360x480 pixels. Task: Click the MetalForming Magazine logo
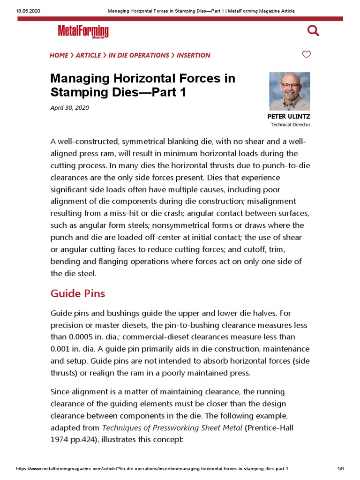83,31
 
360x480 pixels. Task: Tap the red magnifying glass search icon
313,31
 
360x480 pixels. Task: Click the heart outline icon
306,55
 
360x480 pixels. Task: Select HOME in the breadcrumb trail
59,55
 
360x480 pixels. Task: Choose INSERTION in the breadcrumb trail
194,55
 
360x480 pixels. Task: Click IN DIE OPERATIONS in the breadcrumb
139,55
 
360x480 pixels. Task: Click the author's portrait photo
289,91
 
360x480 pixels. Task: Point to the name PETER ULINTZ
289,116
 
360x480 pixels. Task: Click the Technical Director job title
290,125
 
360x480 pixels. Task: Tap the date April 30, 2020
69,108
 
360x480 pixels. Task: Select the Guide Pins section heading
78,293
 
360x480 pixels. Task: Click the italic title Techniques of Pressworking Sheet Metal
172,427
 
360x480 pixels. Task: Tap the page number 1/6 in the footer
340,469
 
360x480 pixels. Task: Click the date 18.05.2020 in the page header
27,11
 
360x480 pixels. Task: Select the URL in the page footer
152,469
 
